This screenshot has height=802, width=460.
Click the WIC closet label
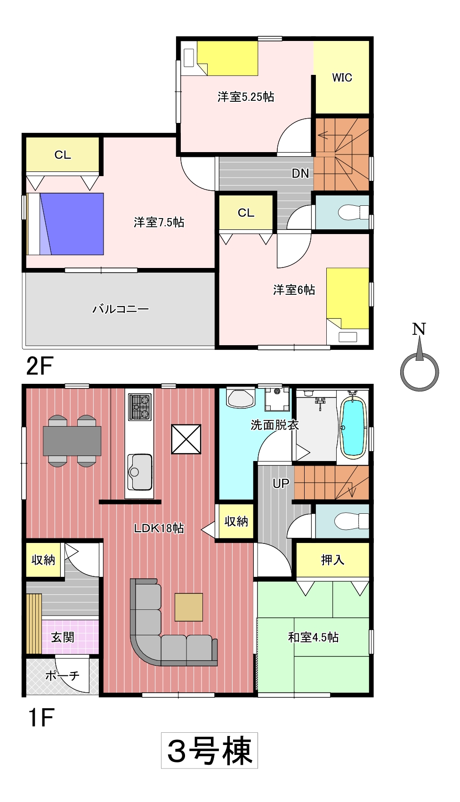pyautogui.click(x=342, y=77)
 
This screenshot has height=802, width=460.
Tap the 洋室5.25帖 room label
pyautogui.click(x=246, y=97)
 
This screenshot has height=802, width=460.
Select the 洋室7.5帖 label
pyautogui.click(x=159, y=222)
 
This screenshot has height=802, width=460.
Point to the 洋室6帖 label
pyautogui.click(x=294, y=290)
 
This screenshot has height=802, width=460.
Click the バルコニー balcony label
pyautogui.click(x=121, y=309)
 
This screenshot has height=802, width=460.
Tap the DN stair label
pyautogui.click(x=300, y=174)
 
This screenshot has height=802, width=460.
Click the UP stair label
pyautogui.click(x=281, y=484)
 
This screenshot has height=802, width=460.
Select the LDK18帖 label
pyautogui.click(x=159, y=528)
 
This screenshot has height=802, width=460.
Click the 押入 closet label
pyautogui.click(x=332, y=559)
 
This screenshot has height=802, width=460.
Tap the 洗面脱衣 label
pyautogui.click(x=274, y=425)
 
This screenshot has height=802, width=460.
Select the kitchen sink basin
pyautogui.click(x=140, y=472)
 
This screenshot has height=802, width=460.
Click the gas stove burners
pyautogui.click(x=140, y=407)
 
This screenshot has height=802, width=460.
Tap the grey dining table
pyautogui.click(x=72, y=441)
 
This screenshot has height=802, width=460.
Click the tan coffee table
pyautogui.click(x=189, y=607)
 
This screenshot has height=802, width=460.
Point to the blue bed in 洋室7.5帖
pyautogui.click(x=72, y=224)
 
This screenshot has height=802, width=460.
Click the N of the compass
pyautogui.click(x=419, y=329)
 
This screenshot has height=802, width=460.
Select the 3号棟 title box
pyautogui.click(x=210, y=751)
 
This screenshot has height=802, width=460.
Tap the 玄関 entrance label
pyautogui.click(x=63, y=637)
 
